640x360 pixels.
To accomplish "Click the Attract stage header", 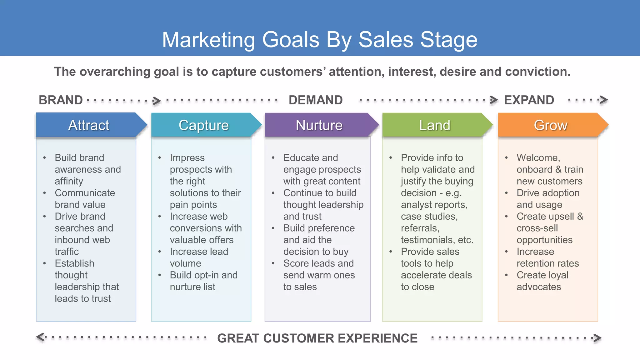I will pyautogui.click(x=89, y=125).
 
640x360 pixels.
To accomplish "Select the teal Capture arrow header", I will pyautogui.click(x=204, y=125).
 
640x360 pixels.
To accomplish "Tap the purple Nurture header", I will pyautogui.click(x=319, y=125).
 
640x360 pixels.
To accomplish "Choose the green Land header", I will pyautogui.click(x=434, y=125).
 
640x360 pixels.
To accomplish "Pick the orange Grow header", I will pyautogui.click(x=550, y=125).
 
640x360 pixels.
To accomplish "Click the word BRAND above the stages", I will pyautogui.click(x=61, y=100).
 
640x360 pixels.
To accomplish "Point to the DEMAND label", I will pyautogui.click(x=316, y=100).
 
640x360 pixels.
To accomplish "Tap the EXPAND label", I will pyautogui.click(x=529, y=100).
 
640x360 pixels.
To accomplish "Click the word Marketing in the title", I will pyautogui.click(x=208, y=40).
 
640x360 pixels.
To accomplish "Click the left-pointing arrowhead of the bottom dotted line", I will pyautogui.click(x=40, y=337).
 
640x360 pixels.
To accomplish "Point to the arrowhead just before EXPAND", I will pyautogui.click(x=494, y=100).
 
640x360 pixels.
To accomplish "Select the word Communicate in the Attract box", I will pyautogui.click(x=85, y=193).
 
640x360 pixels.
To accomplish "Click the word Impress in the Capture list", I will pyautogui.click(x=187, y=157).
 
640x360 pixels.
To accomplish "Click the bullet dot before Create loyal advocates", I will pyautogui.click(x=507, y=275).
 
